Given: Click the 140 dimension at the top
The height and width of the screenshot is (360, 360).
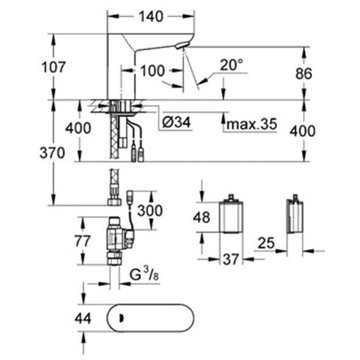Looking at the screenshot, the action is (x=151, y=17).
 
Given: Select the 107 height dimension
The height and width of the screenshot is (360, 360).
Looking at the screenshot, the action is (x=54, y=68).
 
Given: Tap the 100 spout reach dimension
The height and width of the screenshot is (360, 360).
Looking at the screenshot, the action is (x=152, y=71).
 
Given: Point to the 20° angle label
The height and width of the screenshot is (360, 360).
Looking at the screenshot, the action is (x=231, y=65).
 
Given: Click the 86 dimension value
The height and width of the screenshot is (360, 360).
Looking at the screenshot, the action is (x=303, y=73).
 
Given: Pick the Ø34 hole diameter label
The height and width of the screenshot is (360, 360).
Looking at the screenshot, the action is (x=176, y=122).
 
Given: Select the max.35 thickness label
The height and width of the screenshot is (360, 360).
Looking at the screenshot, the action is (x=252, y=124).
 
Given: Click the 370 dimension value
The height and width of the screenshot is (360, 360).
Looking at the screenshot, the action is (x=52, y=153).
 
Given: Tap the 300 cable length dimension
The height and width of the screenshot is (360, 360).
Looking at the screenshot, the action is (x=150, y=210).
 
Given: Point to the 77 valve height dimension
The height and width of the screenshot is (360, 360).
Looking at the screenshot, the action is (x=82, y=241).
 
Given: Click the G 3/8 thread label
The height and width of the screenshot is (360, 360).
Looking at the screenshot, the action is (x=144, y=274).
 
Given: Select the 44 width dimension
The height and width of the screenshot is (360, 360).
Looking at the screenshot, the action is (x=83, y=319).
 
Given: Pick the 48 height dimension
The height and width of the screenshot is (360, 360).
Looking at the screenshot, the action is (x=201, y=217).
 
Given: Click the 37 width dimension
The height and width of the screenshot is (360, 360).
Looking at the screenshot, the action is (x=231, y=259).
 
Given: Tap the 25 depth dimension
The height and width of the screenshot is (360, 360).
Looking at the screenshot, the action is (x=266, y=243).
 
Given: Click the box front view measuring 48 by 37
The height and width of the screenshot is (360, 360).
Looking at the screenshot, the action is (x=231, y=215).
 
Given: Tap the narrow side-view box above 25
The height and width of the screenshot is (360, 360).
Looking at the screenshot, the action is (x=295, y=215).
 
